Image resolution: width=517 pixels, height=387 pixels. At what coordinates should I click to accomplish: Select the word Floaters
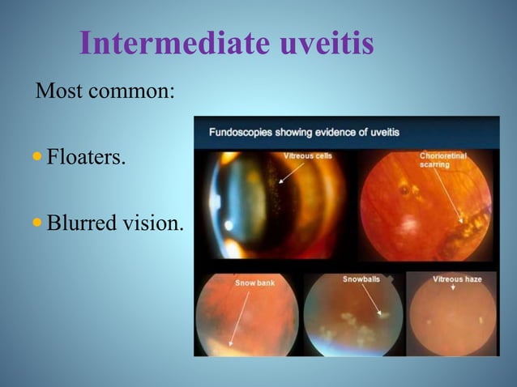coord(86,155)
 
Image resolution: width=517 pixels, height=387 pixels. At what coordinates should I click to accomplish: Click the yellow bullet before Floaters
coord(38,155)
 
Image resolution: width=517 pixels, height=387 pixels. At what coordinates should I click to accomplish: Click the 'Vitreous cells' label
coord(307,155)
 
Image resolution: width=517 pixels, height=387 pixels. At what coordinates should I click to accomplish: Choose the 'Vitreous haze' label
coord(457,279)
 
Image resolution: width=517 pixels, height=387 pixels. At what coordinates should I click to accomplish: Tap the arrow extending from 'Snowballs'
coord(371,300)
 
